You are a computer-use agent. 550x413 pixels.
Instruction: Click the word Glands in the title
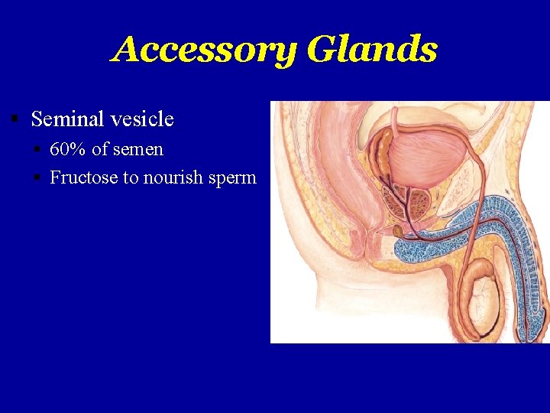click(x=372, y=50)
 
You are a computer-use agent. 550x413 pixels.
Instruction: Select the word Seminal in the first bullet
click(x=66, y=119)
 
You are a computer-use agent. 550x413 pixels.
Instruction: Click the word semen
click(x=138, y=149)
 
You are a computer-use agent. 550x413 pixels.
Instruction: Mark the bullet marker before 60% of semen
click(x=37, y=149)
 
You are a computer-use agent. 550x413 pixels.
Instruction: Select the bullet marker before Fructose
click(x=37, y=177)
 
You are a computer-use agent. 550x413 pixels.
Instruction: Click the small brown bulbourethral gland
click(x=398, y=230)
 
